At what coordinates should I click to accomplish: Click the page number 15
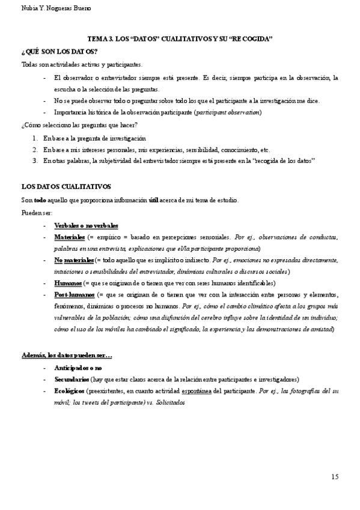pyautogui.click(x=334, y=477)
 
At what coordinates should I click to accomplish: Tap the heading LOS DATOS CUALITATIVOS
pyautogui.click(x=66, y=187)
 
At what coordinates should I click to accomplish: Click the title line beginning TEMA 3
pyautogui.click(x=180, y=38)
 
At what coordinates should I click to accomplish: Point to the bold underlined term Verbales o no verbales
pyautogui.click(x=86, y=225)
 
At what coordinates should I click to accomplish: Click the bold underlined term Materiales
pyautogui.click(x=69, y=238)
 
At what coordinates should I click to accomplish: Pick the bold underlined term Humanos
pyautogui.click(x=68, y=283)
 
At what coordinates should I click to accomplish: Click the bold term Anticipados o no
pyautogui.click(x=78, y=367)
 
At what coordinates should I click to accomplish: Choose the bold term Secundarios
pyautogui.click(x=72, y=379)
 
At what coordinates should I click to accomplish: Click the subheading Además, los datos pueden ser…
pyautogui.click(x=67, y=354)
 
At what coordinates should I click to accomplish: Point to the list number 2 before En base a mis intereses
pyautogui.click(x=35, y=150)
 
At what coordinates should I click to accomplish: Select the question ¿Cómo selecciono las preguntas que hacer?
pyautogui.click(x=79, y=125)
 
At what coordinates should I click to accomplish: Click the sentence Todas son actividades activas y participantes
pyautogui.click(x=82, y=64)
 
